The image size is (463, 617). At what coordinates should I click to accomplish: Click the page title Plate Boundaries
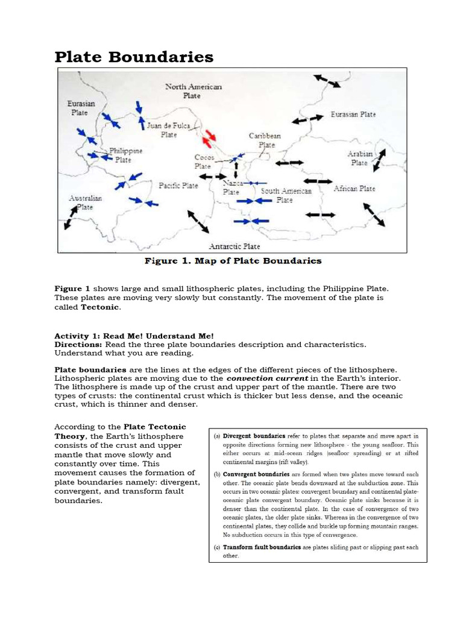[134, 57]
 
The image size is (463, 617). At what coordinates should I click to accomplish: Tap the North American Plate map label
[193, 91]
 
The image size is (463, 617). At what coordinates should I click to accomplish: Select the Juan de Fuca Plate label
[169, 130]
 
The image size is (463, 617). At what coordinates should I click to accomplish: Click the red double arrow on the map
[209, 138]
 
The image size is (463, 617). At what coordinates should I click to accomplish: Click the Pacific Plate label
[178, 186]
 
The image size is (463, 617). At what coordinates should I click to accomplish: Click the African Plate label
[354, 189]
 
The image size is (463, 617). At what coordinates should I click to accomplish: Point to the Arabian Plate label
[359, 158]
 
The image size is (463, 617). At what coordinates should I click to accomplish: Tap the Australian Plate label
[85, 202]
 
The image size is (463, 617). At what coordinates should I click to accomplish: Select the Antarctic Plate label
[235, 246]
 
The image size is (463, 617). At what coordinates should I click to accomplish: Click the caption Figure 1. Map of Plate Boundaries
[233, 261]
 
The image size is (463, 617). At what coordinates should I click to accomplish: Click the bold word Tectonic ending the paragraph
[100, 307]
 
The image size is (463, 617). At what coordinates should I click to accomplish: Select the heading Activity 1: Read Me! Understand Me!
[134, 336]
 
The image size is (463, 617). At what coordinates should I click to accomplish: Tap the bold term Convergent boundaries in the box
[256, 474]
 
